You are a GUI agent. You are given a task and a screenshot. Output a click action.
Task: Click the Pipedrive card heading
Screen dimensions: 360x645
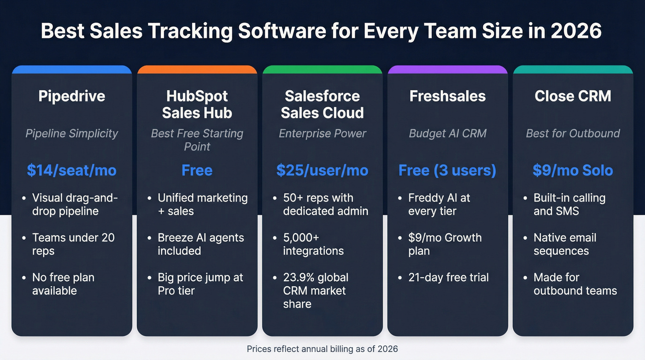(x=72, y=96)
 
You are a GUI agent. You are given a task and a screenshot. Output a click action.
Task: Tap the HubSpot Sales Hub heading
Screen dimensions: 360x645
(x=197, y=104)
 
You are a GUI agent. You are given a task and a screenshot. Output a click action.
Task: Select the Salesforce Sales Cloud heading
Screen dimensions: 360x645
(x=322, y=104)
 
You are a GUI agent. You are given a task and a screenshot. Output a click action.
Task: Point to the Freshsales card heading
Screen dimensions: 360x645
(x=447, y=96)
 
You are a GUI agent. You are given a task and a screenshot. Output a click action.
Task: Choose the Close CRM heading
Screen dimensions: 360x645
(x=573, y=96)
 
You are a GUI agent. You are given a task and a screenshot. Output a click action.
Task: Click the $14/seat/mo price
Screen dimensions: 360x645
(x=72, y=170)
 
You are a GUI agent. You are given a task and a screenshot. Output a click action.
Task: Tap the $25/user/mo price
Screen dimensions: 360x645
(x=322, y=170)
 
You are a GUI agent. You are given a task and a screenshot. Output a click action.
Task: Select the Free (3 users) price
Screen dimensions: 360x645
(x=447, y=170)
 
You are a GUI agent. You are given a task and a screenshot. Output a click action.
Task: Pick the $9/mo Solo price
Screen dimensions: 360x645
(x=573, y=170)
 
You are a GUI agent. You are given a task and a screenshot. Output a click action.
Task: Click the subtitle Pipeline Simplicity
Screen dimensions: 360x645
(x=72, y=134)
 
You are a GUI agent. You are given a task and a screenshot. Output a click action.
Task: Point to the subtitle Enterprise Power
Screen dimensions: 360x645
(x=322, y=134)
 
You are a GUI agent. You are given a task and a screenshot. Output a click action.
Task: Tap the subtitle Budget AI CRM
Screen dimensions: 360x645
(x=447, y=134)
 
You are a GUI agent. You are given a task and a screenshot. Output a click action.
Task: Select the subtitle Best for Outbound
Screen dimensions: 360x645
(x=573, y=134)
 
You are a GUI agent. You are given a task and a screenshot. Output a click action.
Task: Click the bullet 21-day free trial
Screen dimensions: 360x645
(x=448, y=277)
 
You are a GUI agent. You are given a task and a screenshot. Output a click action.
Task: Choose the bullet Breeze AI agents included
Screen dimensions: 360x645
(x=200, y=244)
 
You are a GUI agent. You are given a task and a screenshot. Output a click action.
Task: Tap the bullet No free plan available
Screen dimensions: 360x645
(x=63, y=284)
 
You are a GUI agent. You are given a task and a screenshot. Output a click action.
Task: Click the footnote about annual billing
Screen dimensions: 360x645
(x=322, y=349)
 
